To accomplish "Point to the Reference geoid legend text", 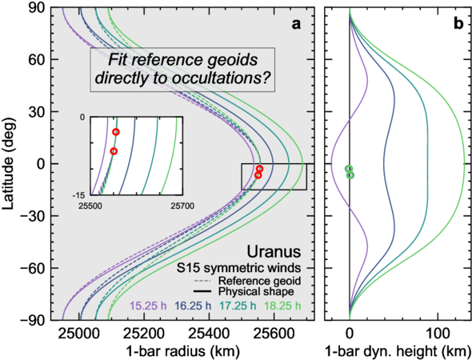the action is pos(260,281).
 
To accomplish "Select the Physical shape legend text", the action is pos(256,292).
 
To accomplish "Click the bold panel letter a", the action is pos(296,25).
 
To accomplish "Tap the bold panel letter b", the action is pos(458,24).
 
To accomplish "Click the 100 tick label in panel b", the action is pos(438,334).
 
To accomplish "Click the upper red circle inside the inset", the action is pos(116,132).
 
